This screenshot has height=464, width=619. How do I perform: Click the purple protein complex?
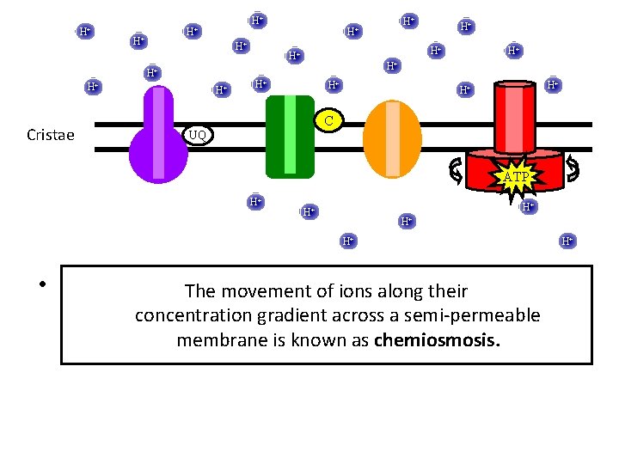pyautogui.click(x=158, y=137)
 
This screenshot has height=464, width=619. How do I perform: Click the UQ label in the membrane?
pyautogui.click(x=198, y=135)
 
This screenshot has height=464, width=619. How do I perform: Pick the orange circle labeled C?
pyautogui.click(x=328, y=121)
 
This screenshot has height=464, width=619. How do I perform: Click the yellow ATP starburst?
pyautogui.click(x=517, y=177)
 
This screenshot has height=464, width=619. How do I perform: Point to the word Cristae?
pyautogui.click(x=51, y=135)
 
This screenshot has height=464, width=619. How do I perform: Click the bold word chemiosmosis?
pyautogui.click(x=436, y=340)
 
